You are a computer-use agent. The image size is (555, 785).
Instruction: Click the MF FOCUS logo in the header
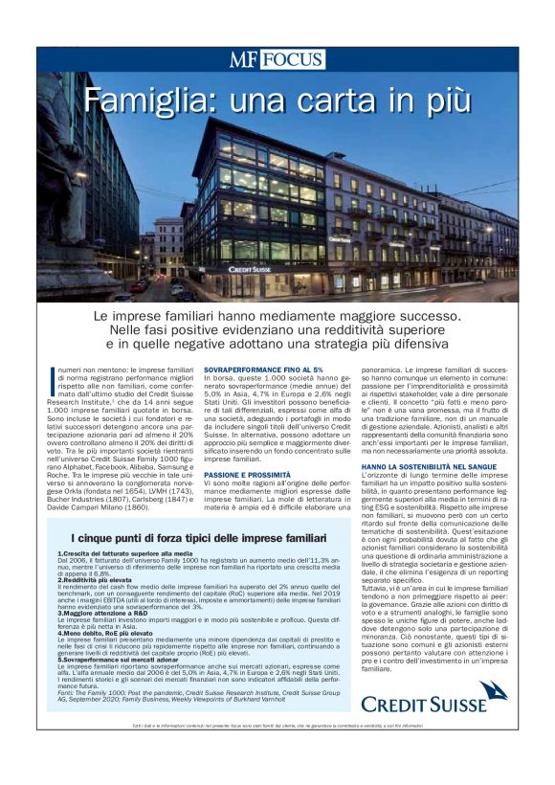[277, 59]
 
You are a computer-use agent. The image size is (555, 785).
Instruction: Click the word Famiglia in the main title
[153, 100]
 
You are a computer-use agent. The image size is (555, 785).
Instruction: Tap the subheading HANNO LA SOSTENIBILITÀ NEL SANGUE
[437, 466]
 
